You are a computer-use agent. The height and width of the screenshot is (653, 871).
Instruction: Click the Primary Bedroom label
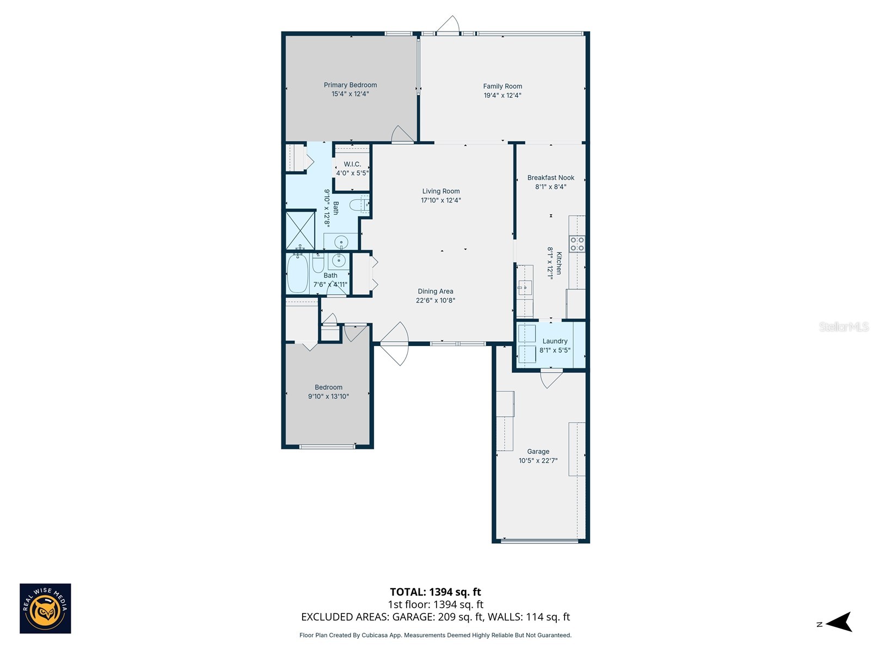350,85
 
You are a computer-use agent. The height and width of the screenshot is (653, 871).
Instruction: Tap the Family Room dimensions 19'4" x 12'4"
502,95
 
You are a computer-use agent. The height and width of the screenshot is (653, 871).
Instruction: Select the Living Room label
441,191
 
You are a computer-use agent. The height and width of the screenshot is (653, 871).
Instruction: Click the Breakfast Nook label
550,177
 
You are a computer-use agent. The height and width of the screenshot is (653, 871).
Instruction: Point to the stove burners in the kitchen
577,244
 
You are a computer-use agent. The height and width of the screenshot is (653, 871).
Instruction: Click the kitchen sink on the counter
525,287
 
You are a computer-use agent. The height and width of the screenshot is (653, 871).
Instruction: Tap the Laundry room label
555,341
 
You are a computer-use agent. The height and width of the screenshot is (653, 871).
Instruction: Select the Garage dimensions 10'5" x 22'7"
538,461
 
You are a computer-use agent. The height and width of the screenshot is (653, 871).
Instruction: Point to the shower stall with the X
300,230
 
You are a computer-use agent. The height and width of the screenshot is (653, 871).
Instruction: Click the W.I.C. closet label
352,164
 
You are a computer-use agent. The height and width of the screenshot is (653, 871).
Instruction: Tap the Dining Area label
436,291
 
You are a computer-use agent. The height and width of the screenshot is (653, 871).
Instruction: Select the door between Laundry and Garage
551,377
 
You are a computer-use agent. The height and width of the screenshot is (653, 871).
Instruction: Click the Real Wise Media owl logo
45,608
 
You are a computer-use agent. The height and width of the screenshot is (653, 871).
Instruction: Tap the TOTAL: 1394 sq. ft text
435,592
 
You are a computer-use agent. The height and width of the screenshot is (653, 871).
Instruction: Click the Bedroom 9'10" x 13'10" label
328,392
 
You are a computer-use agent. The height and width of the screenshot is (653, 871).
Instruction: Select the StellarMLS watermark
843,326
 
